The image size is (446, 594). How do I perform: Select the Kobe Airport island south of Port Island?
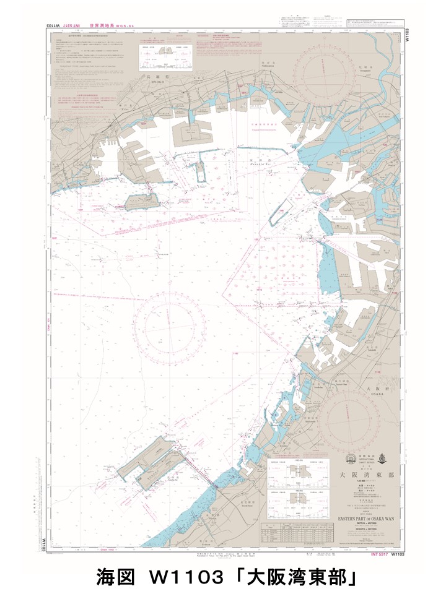(x=142, y=202)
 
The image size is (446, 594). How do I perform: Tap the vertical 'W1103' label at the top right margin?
(x=407, y=34)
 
